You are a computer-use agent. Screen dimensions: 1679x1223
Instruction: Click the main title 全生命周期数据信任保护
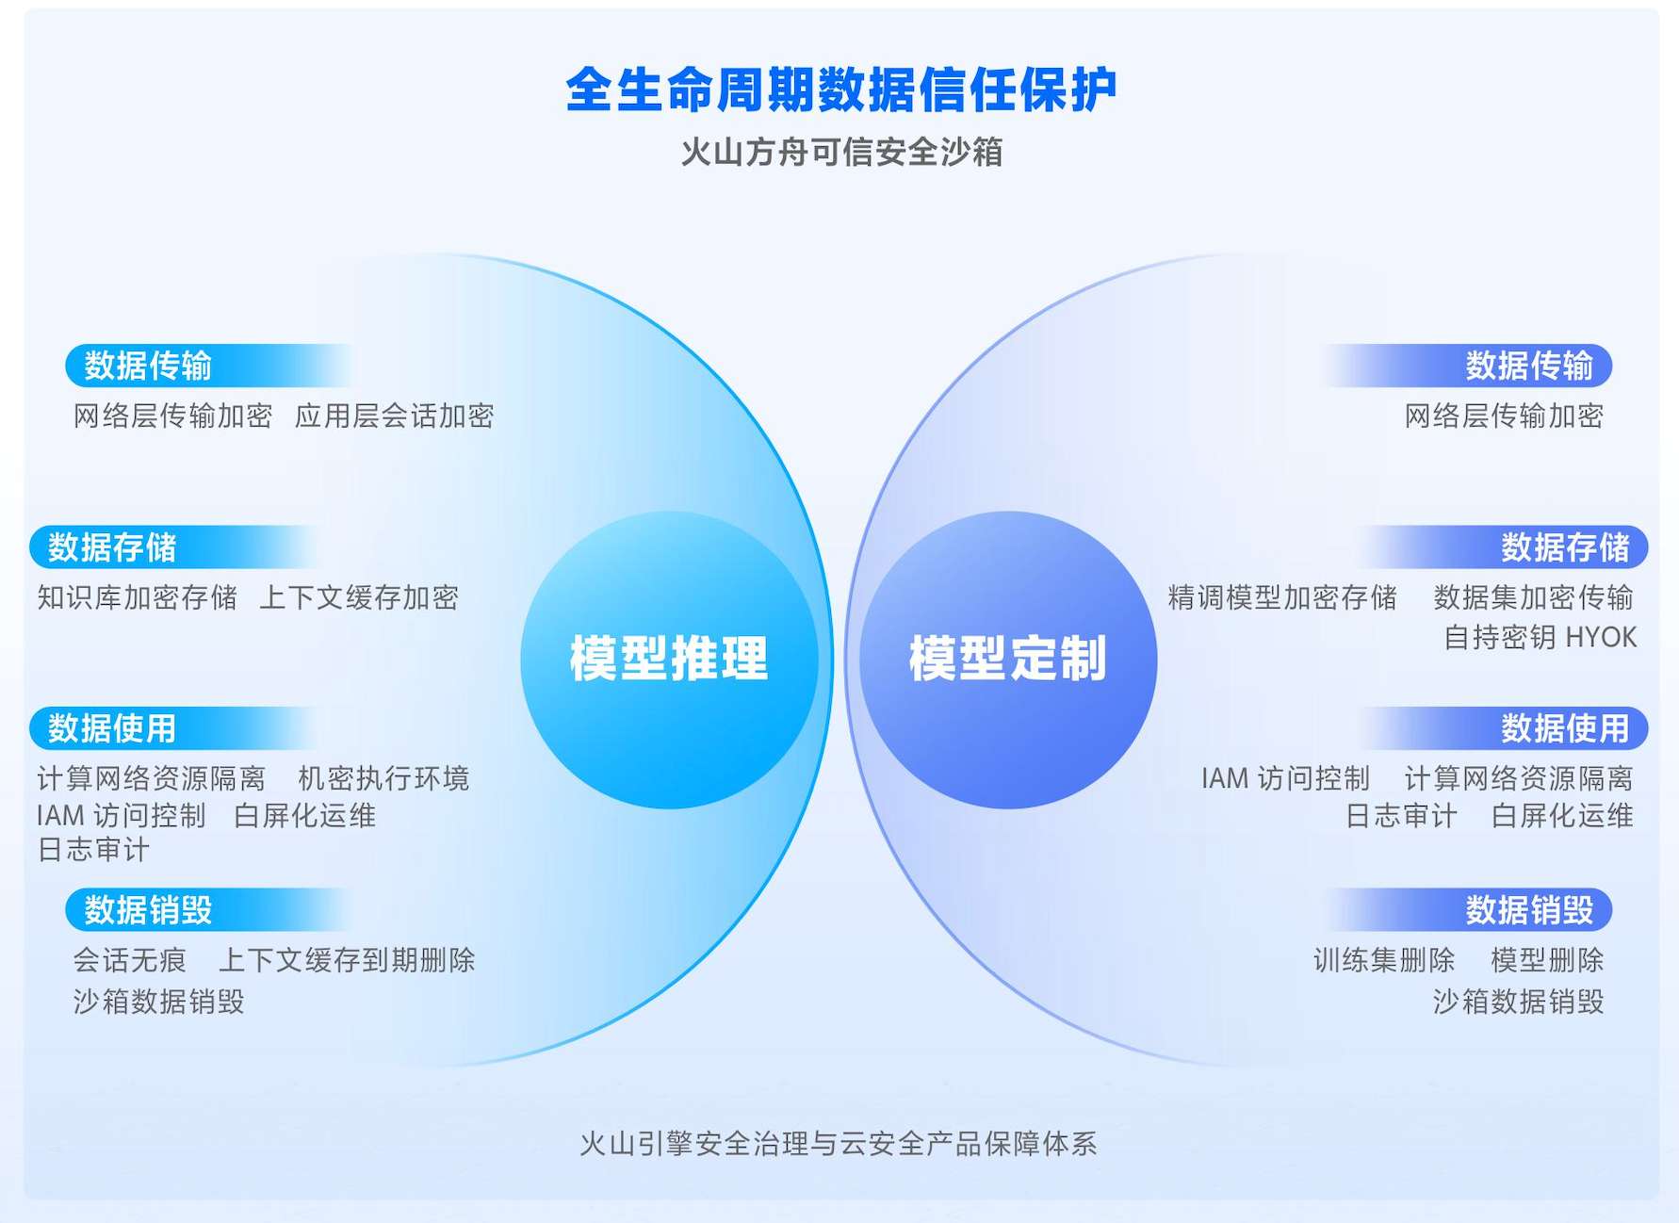(x=840, y=90)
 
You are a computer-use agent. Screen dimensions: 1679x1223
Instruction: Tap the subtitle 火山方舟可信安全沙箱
(x=840, y=152)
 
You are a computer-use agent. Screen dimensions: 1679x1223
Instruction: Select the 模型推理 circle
(x=669, y=659)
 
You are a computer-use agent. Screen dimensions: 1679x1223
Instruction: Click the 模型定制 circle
(x=1008, y=659)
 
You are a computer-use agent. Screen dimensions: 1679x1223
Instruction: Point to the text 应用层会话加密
(x=394, y=416)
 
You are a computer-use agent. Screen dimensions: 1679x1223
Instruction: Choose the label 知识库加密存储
(x=137, y=597)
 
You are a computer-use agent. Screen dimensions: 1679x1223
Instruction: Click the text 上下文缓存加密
(x=359, y=597)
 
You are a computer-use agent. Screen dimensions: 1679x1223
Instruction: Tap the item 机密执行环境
(x=383, y=778)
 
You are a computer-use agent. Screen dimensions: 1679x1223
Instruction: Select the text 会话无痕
(x=130, y=960)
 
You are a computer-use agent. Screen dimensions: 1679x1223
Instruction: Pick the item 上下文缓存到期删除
(x=347, y=960)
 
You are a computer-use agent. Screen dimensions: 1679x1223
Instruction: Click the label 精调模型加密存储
(x=1281, y=597)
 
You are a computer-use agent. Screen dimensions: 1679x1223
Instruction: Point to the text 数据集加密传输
(x=1533, y=597)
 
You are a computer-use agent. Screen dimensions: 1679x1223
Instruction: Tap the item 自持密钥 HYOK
(x=1540, y=638)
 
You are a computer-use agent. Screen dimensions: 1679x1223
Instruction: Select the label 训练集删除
(x=1384, y=960)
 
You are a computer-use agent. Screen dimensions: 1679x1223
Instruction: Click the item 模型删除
(x=1547, y=960)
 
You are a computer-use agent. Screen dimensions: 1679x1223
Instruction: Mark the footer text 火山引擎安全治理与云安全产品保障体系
(x=839, y=1144)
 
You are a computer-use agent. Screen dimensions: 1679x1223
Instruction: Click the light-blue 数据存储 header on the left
(x=113, y=547)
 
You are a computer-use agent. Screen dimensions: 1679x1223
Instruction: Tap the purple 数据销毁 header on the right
(x=1528, y=910)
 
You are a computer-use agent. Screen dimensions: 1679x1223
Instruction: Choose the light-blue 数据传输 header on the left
(x=149, y=366)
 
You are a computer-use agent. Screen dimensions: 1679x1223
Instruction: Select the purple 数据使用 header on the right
(x=1564, y=728)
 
